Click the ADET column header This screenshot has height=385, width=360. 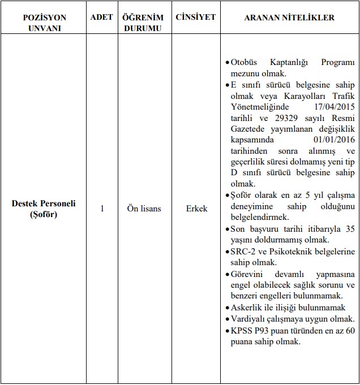(101, 18)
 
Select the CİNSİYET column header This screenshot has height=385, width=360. (195, 18)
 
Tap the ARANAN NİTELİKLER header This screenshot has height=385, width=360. (289, 18)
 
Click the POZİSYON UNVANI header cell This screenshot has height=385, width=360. (44, 23)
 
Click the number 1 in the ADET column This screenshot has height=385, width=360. (102, 209)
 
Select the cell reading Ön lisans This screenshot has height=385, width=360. (144, 209)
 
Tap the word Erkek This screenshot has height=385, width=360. (196, 209)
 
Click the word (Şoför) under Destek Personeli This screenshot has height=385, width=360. (44, 214)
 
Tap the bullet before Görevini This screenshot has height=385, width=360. (226, 274)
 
